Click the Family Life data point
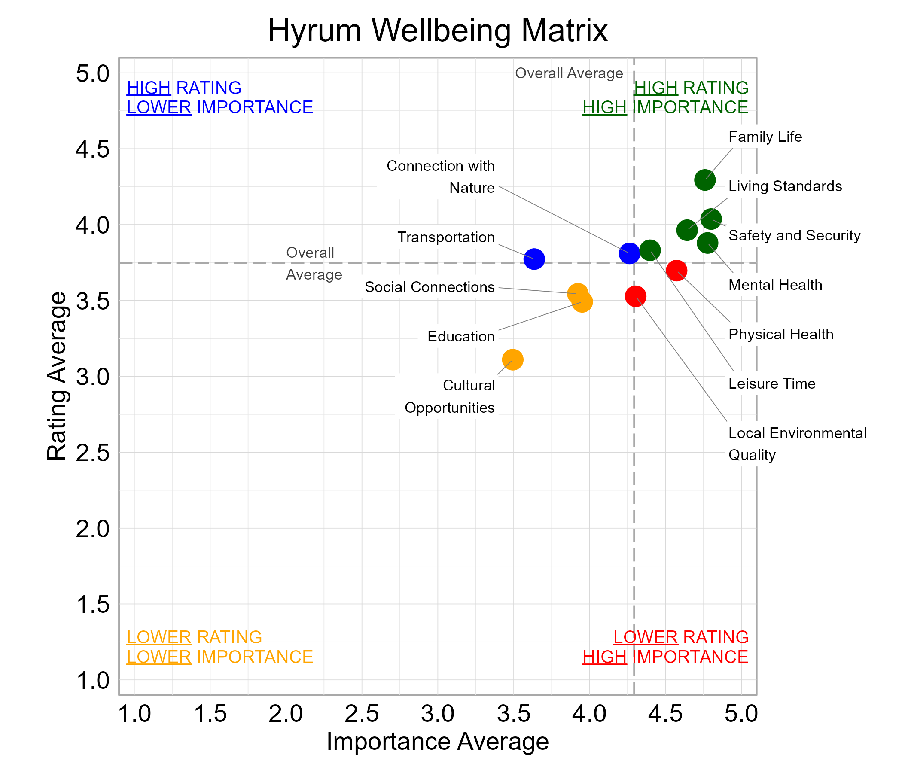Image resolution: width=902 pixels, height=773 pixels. pos(705,180)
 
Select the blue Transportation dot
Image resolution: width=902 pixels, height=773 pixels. pos(534,259)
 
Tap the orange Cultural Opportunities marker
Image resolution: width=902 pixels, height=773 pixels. pos(512,359)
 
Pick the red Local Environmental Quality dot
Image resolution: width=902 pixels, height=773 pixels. pos(636,296)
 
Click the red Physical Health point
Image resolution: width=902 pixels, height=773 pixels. pos(676,270)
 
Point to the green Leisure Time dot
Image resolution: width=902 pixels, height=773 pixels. pos(650,250)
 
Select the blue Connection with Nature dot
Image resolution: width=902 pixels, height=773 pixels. pos(629,253)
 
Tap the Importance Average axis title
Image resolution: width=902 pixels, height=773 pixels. pos(438,741)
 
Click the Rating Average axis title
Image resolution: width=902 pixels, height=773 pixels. pos(57,376)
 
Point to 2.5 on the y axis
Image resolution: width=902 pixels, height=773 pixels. pos(93,453)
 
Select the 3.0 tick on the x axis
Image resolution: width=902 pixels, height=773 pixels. pos(438,714)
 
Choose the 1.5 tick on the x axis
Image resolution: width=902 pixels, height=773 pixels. pos(210,714)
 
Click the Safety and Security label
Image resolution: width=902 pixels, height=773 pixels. pos(794,235)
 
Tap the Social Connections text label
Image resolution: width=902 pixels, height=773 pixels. pos(429,287)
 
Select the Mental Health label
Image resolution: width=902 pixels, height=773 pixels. pos(775,285)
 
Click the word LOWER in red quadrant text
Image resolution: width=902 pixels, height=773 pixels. pos(645,637)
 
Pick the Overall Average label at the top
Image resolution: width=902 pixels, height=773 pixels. pos(569,73)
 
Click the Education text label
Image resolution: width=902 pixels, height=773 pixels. pos(460,336)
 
